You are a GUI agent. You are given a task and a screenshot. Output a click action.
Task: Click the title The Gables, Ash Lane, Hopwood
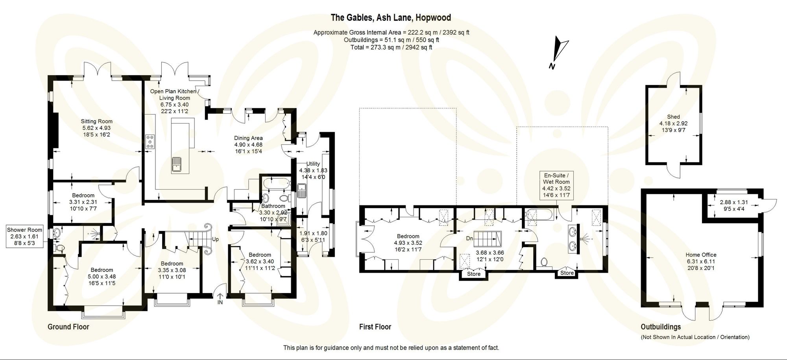(390, 18)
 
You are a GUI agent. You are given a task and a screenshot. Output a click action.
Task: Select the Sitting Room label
(97, 121)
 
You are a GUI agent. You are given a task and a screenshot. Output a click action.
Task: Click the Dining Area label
(248, 138)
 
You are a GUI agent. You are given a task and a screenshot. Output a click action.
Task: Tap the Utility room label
(313, 164)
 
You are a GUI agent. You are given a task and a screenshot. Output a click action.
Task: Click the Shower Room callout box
(24, 236)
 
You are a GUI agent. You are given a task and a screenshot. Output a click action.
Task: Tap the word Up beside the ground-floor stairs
(215, 239)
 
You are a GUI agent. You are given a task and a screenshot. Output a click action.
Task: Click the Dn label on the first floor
(469, 238)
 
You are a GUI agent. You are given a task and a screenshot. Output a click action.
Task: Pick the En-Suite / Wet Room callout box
(556, 185)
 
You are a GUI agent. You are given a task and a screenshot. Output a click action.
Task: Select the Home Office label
(701, 255)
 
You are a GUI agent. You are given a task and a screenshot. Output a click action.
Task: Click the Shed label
(673, 116)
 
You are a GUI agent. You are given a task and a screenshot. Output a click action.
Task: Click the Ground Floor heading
(68, 327)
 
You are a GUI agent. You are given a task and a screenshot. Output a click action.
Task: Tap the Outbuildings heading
(661, 327)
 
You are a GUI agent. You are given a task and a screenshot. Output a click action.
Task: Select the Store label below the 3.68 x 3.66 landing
(474, 274)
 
